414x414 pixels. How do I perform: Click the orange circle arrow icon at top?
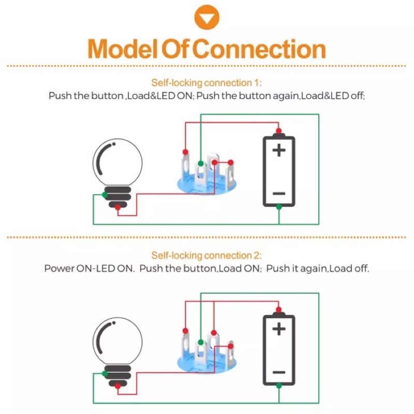206,17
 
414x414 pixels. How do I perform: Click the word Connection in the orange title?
261,49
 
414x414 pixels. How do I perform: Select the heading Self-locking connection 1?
206,83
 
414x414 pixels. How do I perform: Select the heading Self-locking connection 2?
206,255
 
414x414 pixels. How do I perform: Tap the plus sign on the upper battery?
279,151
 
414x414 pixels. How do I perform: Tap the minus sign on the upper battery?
279,194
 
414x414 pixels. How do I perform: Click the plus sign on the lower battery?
279,329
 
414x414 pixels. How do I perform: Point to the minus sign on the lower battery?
279,372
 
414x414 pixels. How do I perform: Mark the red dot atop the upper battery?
278,131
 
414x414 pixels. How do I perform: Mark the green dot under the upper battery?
279,207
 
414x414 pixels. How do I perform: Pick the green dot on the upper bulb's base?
105,195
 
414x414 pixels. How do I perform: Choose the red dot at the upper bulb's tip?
118,208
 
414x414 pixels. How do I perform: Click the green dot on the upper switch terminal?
201,164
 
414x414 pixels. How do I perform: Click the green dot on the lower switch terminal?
201,342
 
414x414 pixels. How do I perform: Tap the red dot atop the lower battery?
278,309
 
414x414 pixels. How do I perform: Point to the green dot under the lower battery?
279,386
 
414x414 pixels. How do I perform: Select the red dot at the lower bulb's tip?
118,386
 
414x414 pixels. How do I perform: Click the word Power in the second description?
60,269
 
